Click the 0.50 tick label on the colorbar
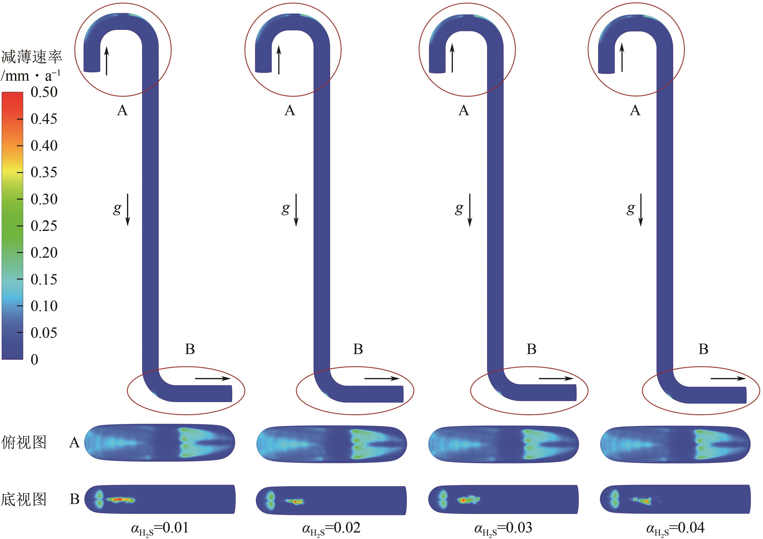(44, 92)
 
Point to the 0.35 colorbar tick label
(44, 172)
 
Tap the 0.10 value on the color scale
(44, 306)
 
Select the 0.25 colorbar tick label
(44, 226)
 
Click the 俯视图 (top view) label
(24, 442)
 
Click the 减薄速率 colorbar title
(32, 57)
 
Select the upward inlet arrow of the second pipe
(279, 60)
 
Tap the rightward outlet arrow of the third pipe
(556, 378)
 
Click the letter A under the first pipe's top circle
(122, 110)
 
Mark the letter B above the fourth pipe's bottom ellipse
(703, 349)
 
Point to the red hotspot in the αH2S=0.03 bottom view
(463, 500)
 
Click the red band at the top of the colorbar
(12, 100)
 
